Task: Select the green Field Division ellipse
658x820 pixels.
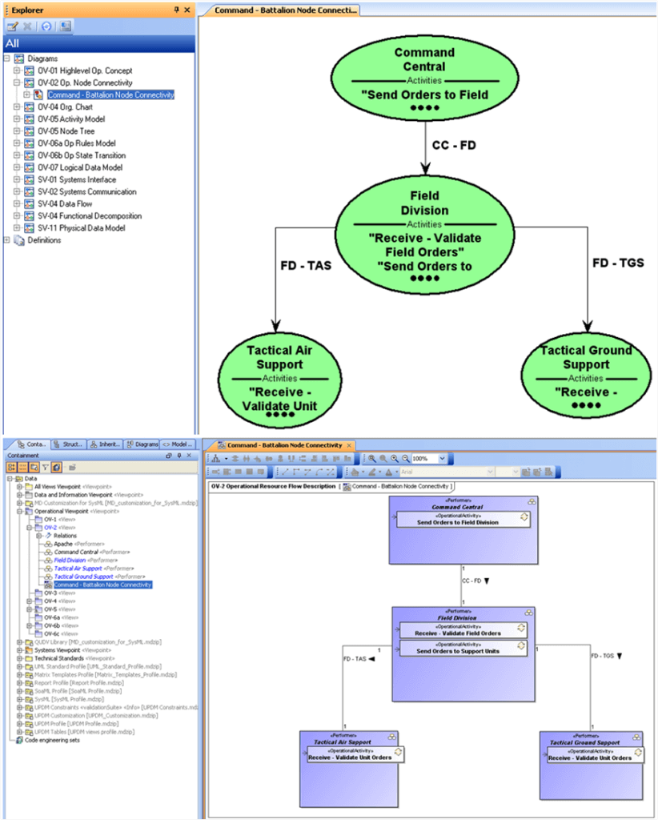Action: (x=423, y=231)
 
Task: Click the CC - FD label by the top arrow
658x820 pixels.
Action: (x=454, y=146)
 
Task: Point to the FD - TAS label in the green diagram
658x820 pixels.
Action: (x=305, y=265)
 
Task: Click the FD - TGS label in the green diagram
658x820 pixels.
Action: (x=617, y=262)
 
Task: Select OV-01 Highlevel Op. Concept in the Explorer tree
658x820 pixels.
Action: (x=85, y=70)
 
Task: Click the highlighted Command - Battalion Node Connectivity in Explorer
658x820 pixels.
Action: (x=110, y=94)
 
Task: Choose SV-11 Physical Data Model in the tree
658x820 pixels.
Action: (x=82, y=228)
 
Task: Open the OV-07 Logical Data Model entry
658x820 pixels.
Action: (x=79, y=167)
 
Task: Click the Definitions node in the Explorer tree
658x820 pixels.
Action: (x=44, y=240)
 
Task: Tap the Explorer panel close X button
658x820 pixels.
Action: (x=187, y=10)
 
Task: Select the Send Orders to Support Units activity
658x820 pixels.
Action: (x=458, y=650)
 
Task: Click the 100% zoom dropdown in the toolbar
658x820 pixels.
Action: (x=429, y=459)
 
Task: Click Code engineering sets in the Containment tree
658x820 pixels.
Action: (x=52, y=740)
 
